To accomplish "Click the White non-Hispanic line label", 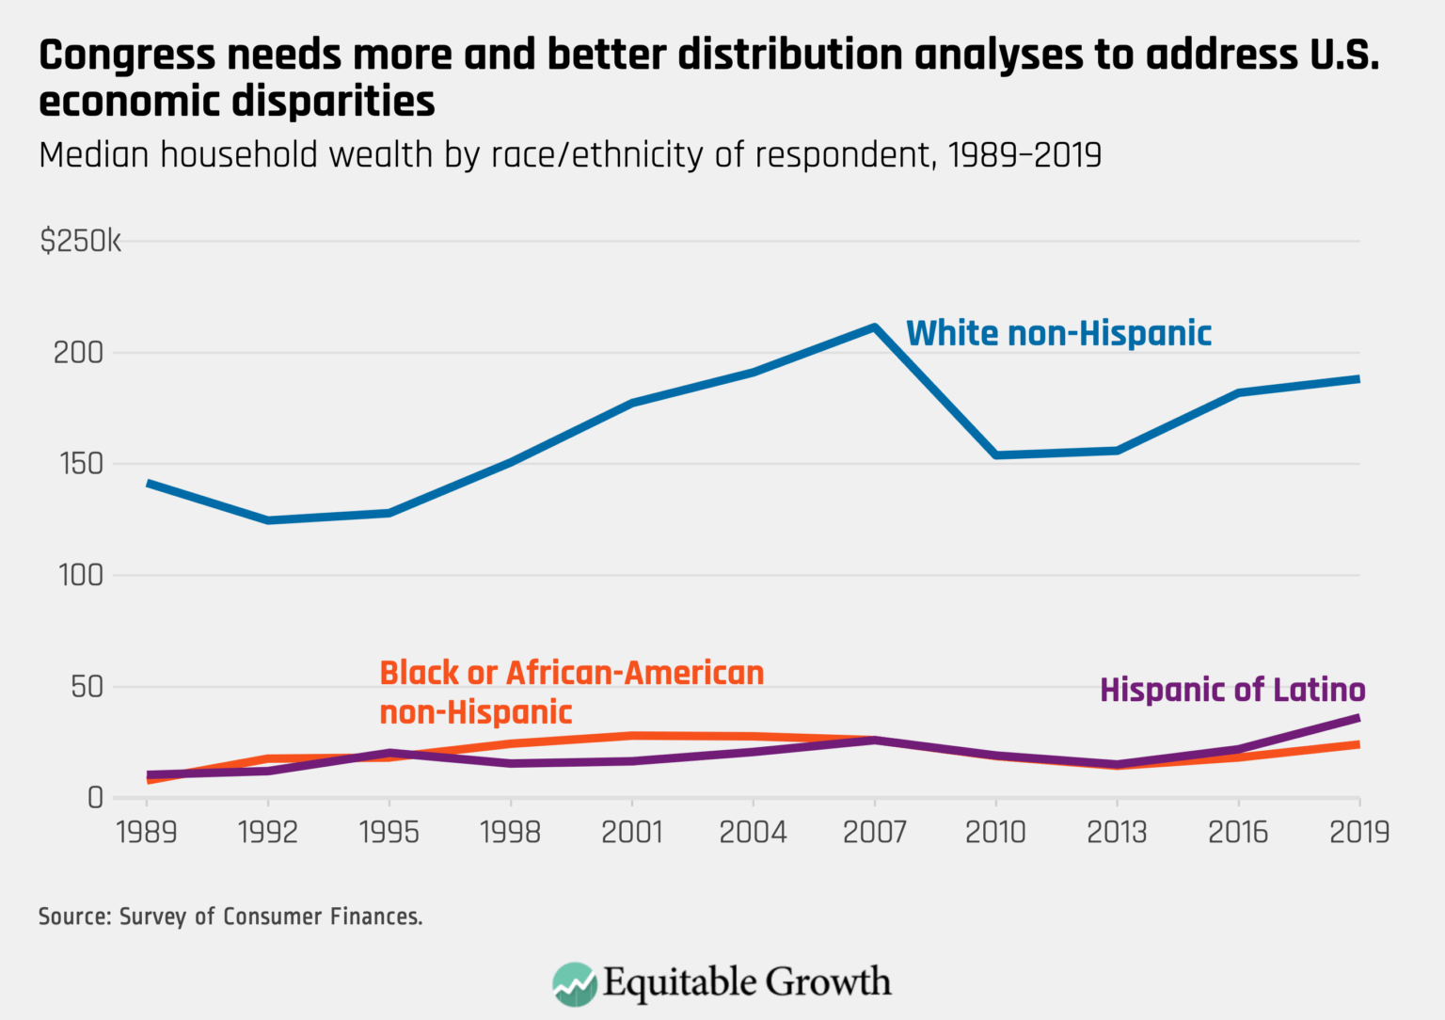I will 1058,334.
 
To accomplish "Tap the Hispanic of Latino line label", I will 1232,690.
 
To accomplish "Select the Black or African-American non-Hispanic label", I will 571,693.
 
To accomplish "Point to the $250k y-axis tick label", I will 80,241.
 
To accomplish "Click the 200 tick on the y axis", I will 78,353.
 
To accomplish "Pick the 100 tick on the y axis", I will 80,575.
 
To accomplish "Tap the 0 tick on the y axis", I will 95,798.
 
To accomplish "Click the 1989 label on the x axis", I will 147,832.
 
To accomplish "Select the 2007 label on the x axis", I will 874,832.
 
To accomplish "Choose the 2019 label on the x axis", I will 1358,832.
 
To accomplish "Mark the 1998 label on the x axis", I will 510,832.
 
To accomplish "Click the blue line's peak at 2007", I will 874,327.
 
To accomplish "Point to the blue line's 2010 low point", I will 995,454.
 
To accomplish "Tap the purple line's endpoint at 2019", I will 1358,718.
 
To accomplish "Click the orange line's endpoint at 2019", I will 1358,744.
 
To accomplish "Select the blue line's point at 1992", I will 268,519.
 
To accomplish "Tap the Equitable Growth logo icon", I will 574,984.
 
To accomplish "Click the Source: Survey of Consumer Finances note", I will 230,916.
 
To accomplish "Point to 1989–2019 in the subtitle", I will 1024,154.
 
